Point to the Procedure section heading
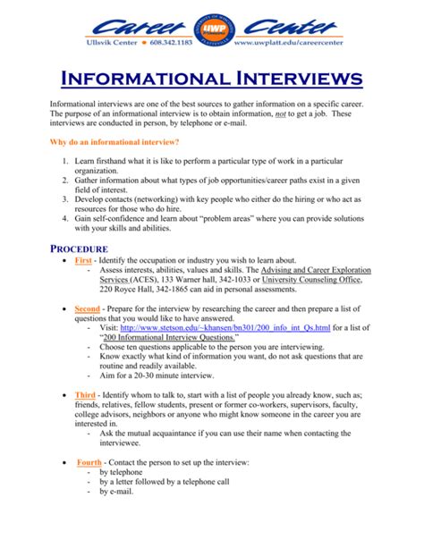click(x=79, y=249)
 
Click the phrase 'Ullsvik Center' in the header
click(x=91, y=41)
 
